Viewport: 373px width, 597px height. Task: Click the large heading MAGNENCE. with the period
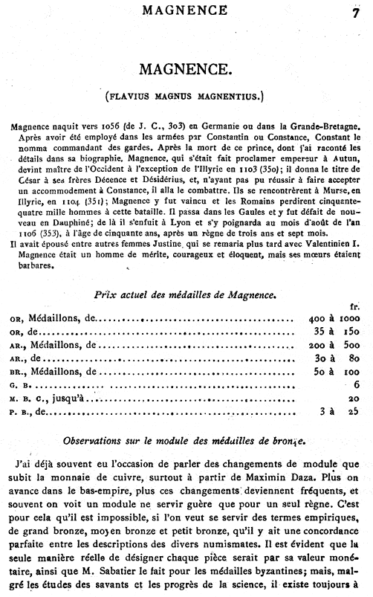pyautogui.click(x=186, y=71)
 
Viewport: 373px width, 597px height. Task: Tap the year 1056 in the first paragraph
pyautogui.click(x=100, y=127)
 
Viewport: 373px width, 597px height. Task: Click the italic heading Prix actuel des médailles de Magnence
pyautogui.click(x=186, y=294)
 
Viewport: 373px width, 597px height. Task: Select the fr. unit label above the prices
pyautogui.click(x=354, y=307)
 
